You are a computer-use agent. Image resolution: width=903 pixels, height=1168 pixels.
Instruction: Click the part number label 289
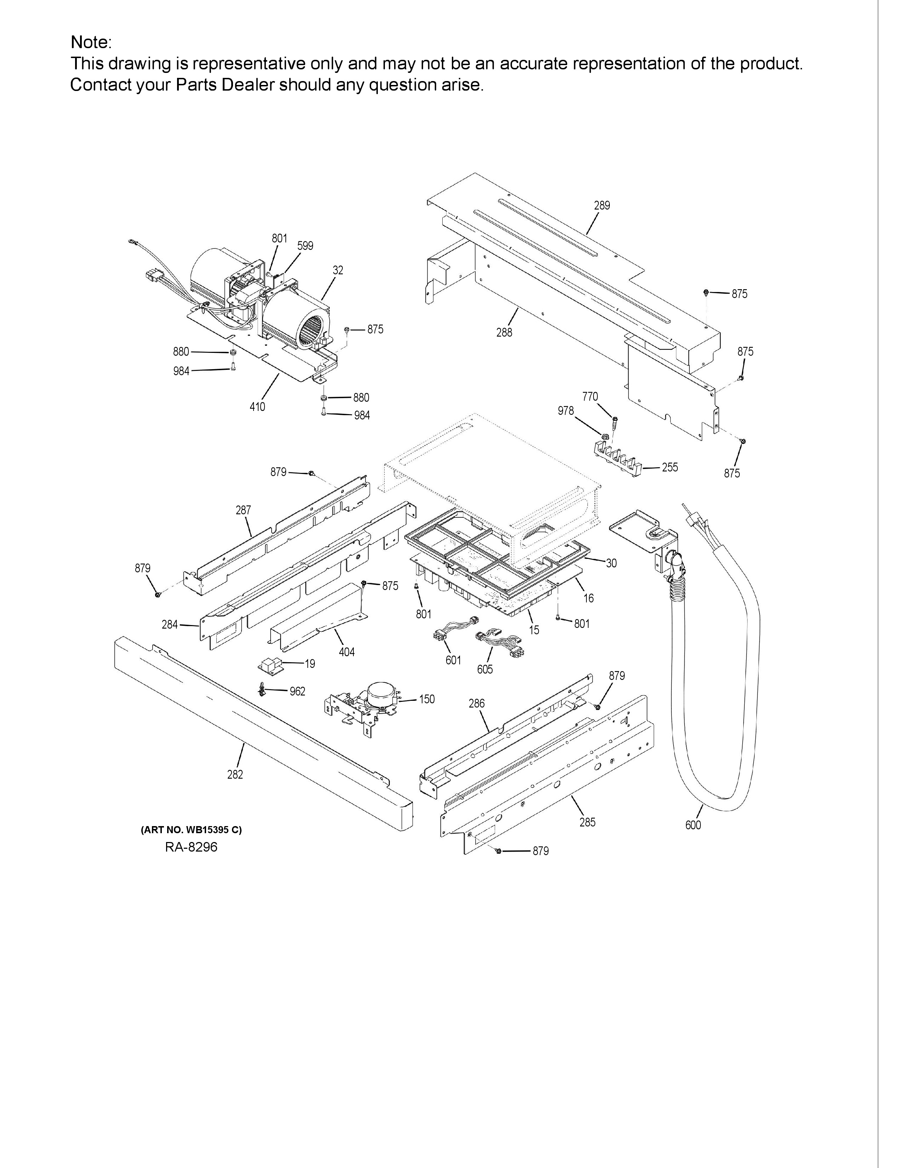point(602,205)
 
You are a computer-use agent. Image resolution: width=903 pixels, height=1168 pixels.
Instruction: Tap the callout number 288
point(504,333)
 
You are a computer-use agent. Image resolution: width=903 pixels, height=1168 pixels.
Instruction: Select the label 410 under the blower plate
point(257,407)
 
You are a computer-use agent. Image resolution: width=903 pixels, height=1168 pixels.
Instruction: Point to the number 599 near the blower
point(306,246)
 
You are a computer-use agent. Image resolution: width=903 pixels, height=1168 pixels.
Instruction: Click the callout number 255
point(670,468)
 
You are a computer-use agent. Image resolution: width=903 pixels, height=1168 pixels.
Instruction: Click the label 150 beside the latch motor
point(427,699)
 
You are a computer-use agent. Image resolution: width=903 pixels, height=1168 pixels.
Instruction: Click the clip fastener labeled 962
point(262,691)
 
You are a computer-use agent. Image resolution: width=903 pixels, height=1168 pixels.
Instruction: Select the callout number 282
point(235,775)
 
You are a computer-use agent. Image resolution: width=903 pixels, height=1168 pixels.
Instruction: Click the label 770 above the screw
point(590,397)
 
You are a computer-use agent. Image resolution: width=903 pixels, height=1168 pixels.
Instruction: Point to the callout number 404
point(347,652)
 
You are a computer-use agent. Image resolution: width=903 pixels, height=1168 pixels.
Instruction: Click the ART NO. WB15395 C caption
point(191,830)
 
